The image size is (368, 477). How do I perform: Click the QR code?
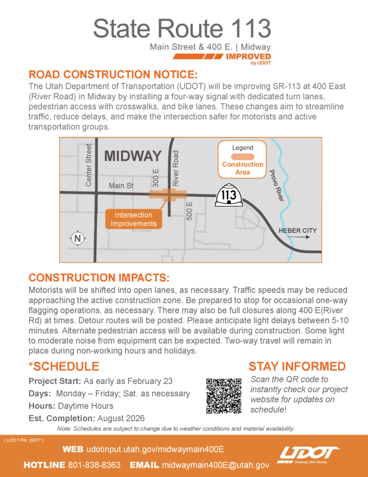tap(223, 396)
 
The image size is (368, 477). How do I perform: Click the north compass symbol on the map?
tap(78, 238)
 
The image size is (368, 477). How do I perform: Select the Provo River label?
tap(276, 185)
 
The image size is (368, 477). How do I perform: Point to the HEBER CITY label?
tap(297, 231)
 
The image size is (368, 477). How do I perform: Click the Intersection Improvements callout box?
tap(134, 219)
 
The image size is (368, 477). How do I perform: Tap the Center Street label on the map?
tap(89, 165)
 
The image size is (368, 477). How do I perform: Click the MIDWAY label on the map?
tap(133, 156)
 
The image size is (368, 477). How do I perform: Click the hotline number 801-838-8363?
tap(94, 465)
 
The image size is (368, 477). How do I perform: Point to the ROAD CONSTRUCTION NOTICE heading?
tap(114, 75)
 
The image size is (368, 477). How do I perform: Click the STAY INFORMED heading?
tap(297, 366)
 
